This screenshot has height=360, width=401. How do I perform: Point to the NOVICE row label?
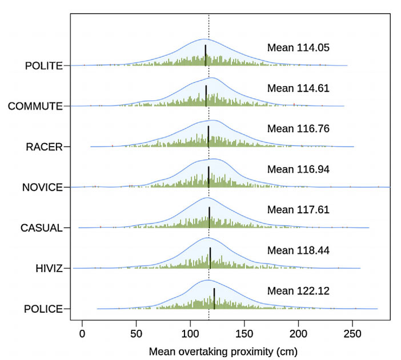pos(42,187)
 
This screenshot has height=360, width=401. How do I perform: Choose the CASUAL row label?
pos(41,228)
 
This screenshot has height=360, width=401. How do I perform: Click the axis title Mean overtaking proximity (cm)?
pos(223,350)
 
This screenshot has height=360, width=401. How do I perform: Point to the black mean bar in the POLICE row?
pos(214,298)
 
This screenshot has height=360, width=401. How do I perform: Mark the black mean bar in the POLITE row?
pos(206,55)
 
